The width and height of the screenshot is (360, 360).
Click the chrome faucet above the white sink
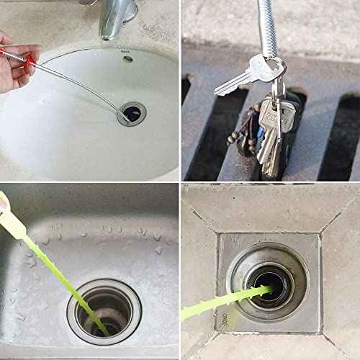[119, 18]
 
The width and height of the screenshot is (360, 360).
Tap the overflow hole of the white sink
[127, 59]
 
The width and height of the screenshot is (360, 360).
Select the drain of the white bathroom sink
[132, 112]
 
